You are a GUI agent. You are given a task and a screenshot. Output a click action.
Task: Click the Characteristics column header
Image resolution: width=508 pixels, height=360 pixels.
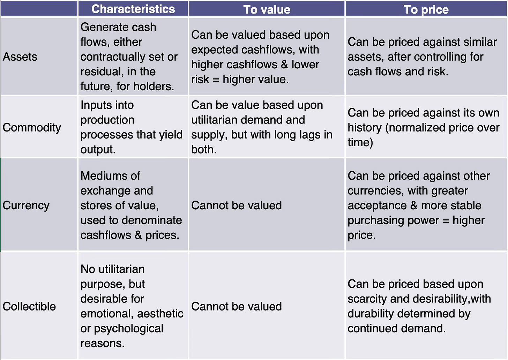(x=133, y=9)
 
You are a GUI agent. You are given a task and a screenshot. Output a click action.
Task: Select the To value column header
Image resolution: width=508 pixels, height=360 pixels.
(x=267, y=9)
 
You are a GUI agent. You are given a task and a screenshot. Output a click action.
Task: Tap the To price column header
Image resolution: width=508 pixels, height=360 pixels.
(x=426, y=9)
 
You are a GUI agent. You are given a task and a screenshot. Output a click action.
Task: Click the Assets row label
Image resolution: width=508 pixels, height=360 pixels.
(x=20, y=57)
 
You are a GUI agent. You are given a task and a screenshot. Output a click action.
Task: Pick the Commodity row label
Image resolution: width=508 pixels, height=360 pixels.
(x=32, y=127)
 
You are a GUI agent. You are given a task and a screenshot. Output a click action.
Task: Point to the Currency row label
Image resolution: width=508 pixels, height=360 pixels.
(x=26, y=205)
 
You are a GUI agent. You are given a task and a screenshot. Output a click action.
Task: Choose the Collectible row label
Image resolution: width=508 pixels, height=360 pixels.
(x=29, y=306)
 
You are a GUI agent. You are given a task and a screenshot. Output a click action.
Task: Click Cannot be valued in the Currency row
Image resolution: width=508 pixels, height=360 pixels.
(x=236, y=205)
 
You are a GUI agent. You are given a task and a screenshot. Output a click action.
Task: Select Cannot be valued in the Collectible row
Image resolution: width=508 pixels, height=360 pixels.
(x=236, y=306)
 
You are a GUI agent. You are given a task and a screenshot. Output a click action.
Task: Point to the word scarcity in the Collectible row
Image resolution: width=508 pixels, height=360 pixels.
(x=367, y=299)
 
